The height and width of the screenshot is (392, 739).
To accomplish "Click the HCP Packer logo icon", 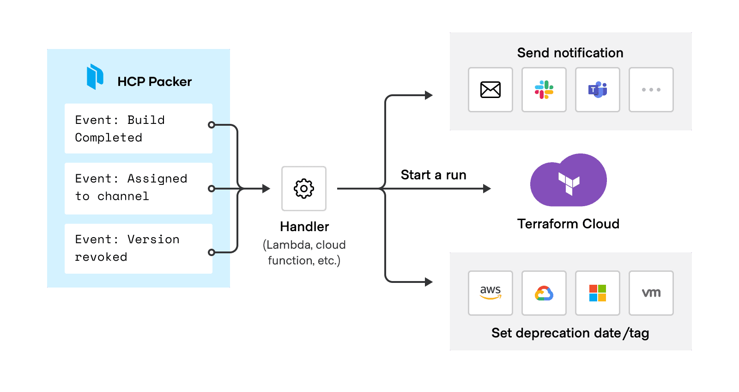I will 95,77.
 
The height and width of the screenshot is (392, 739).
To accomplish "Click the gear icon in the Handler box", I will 304,189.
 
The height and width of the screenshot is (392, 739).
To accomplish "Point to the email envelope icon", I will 490,90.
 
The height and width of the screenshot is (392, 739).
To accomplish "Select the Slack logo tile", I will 544,90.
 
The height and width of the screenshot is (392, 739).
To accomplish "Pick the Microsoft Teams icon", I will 597,90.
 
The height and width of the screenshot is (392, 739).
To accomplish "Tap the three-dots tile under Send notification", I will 651,90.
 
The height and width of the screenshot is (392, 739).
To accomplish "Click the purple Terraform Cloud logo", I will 569,181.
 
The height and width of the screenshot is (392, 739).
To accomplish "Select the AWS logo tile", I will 490,293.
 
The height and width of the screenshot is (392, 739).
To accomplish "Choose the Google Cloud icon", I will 544,293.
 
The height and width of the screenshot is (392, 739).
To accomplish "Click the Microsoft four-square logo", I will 597,293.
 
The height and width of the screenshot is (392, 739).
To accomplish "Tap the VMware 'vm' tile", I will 651,293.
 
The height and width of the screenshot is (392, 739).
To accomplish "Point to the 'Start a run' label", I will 433,175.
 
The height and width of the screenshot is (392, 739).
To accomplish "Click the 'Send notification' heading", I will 570,53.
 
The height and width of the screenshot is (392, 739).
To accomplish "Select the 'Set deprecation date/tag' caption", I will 570,333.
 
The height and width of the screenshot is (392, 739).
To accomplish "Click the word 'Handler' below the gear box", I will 304,227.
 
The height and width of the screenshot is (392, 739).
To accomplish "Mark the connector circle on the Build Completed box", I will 212,125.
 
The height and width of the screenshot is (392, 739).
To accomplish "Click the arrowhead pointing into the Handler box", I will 267,189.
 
